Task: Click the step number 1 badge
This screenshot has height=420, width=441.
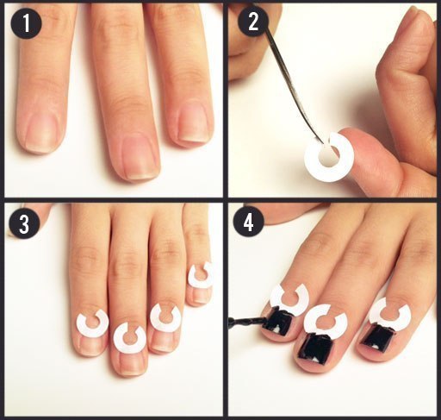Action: (26, 23)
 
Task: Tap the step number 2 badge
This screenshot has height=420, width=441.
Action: (253, 22)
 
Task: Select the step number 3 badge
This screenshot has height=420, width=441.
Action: (24, 224)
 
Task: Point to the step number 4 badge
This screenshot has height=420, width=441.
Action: (249, 223)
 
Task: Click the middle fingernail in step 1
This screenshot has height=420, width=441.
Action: (140, 157)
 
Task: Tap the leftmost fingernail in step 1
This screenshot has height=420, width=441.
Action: (40, 131)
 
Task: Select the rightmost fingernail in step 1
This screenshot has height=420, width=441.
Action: (193, 123)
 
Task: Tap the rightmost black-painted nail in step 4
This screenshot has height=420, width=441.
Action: (377, 337)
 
